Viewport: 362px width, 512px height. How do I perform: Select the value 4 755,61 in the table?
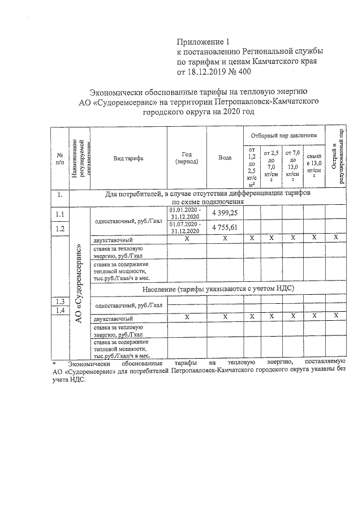tap(225, 227)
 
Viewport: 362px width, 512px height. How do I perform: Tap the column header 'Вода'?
tap(225, 157)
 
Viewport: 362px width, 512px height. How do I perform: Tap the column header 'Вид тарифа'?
tap(128, 158)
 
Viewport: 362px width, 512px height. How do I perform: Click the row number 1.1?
tap(59, 214)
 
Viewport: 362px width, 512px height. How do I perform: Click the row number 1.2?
tap(59, 228)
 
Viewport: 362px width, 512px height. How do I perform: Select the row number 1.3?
tap(59, 300)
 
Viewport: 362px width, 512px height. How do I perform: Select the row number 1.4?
tap(59, 310)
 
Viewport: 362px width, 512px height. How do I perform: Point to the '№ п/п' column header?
tap(59, 158)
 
